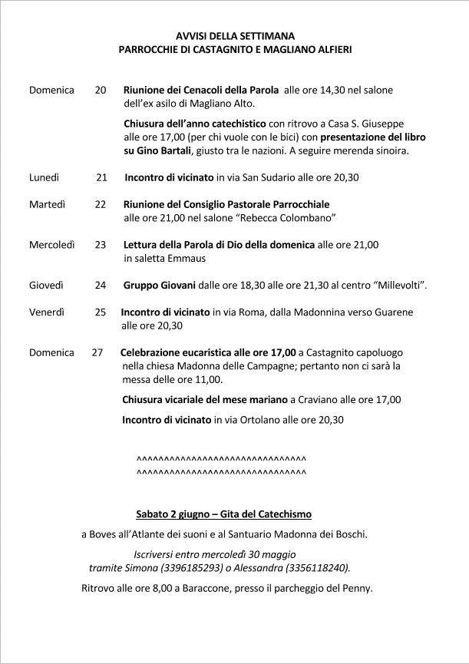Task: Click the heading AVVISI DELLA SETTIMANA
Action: pyautogui.click(x=235, y=35)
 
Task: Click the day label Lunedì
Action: pyautogui.click(x=44, y=177)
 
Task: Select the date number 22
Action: pyautogui.click(x=100, y=205)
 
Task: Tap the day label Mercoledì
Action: pyautogui.click(x=51, y=245)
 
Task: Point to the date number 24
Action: pyautogui.click(x=100, y=286)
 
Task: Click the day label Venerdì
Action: pyautogui.click(x=47, y=312)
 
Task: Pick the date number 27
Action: pyautogui.click(x=97, y=353)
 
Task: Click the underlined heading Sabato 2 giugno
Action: pyautogui.click(x=176, y=513)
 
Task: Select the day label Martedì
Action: pyautogui.click(x=47, y=205)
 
